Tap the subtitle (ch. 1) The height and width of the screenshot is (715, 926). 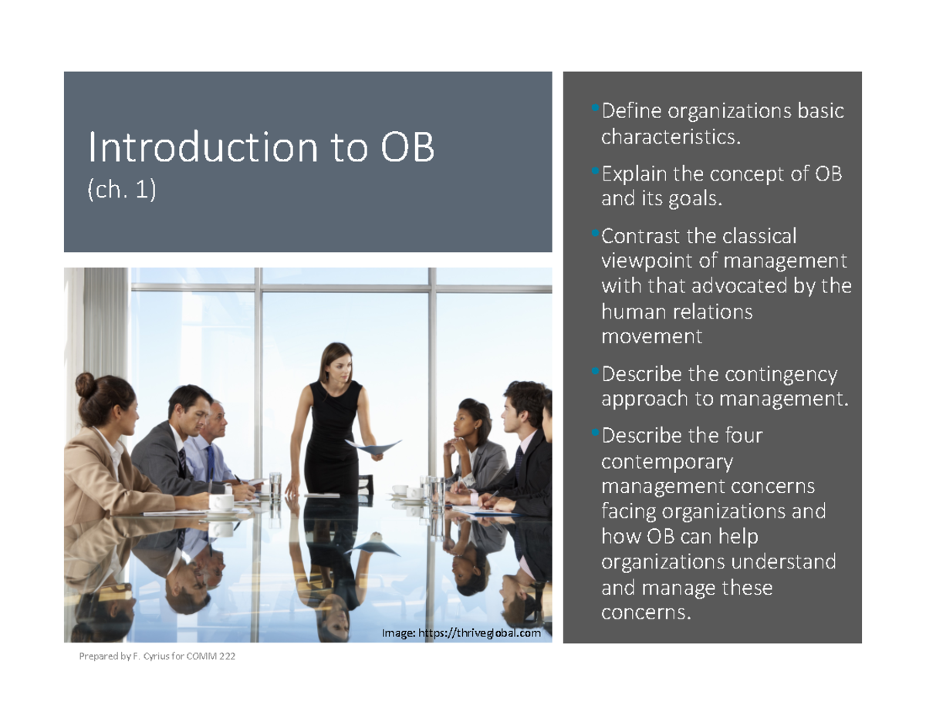[x=122, y=191]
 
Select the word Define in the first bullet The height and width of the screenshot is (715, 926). [x=631, y=112]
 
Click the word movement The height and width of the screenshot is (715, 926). [x=651, y=337]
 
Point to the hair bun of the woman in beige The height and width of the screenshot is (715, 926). [x=86, y=383]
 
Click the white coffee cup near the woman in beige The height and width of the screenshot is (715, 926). [x=221, y=502]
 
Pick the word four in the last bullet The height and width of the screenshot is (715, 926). [x=744, y=436]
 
